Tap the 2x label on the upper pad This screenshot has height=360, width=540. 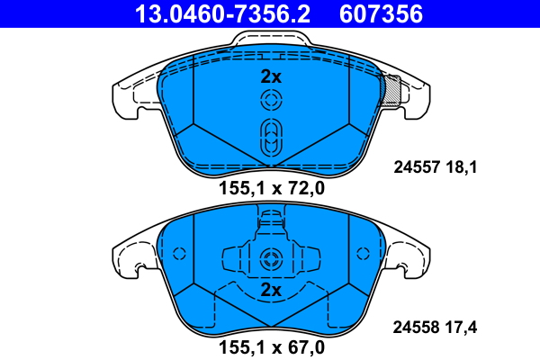(x=271, y=76)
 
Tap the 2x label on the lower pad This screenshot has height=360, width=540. (x=271, y=291)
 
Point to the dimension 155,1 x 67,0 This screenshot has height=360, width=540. (x=271, y=345)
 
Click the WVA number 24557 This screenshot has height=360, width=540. (x=416, y=166)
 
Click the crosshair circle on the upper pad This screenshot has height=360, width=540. (x=271, y=101)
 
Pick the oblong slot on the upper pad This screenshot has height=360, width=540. (x=271, y=139)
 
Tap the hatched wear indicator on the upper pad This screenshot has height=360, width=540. (x=391, y=91)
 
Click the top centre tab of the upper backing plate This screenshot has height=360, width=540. (x=271, y=40)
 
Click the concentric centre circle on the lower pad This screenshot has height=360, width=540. (x=271, y=260)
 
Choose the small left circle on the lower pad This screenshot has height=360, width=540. (x=178, y=255)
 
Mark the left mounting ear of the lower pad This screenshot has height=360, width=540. (x=130, y=259)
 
